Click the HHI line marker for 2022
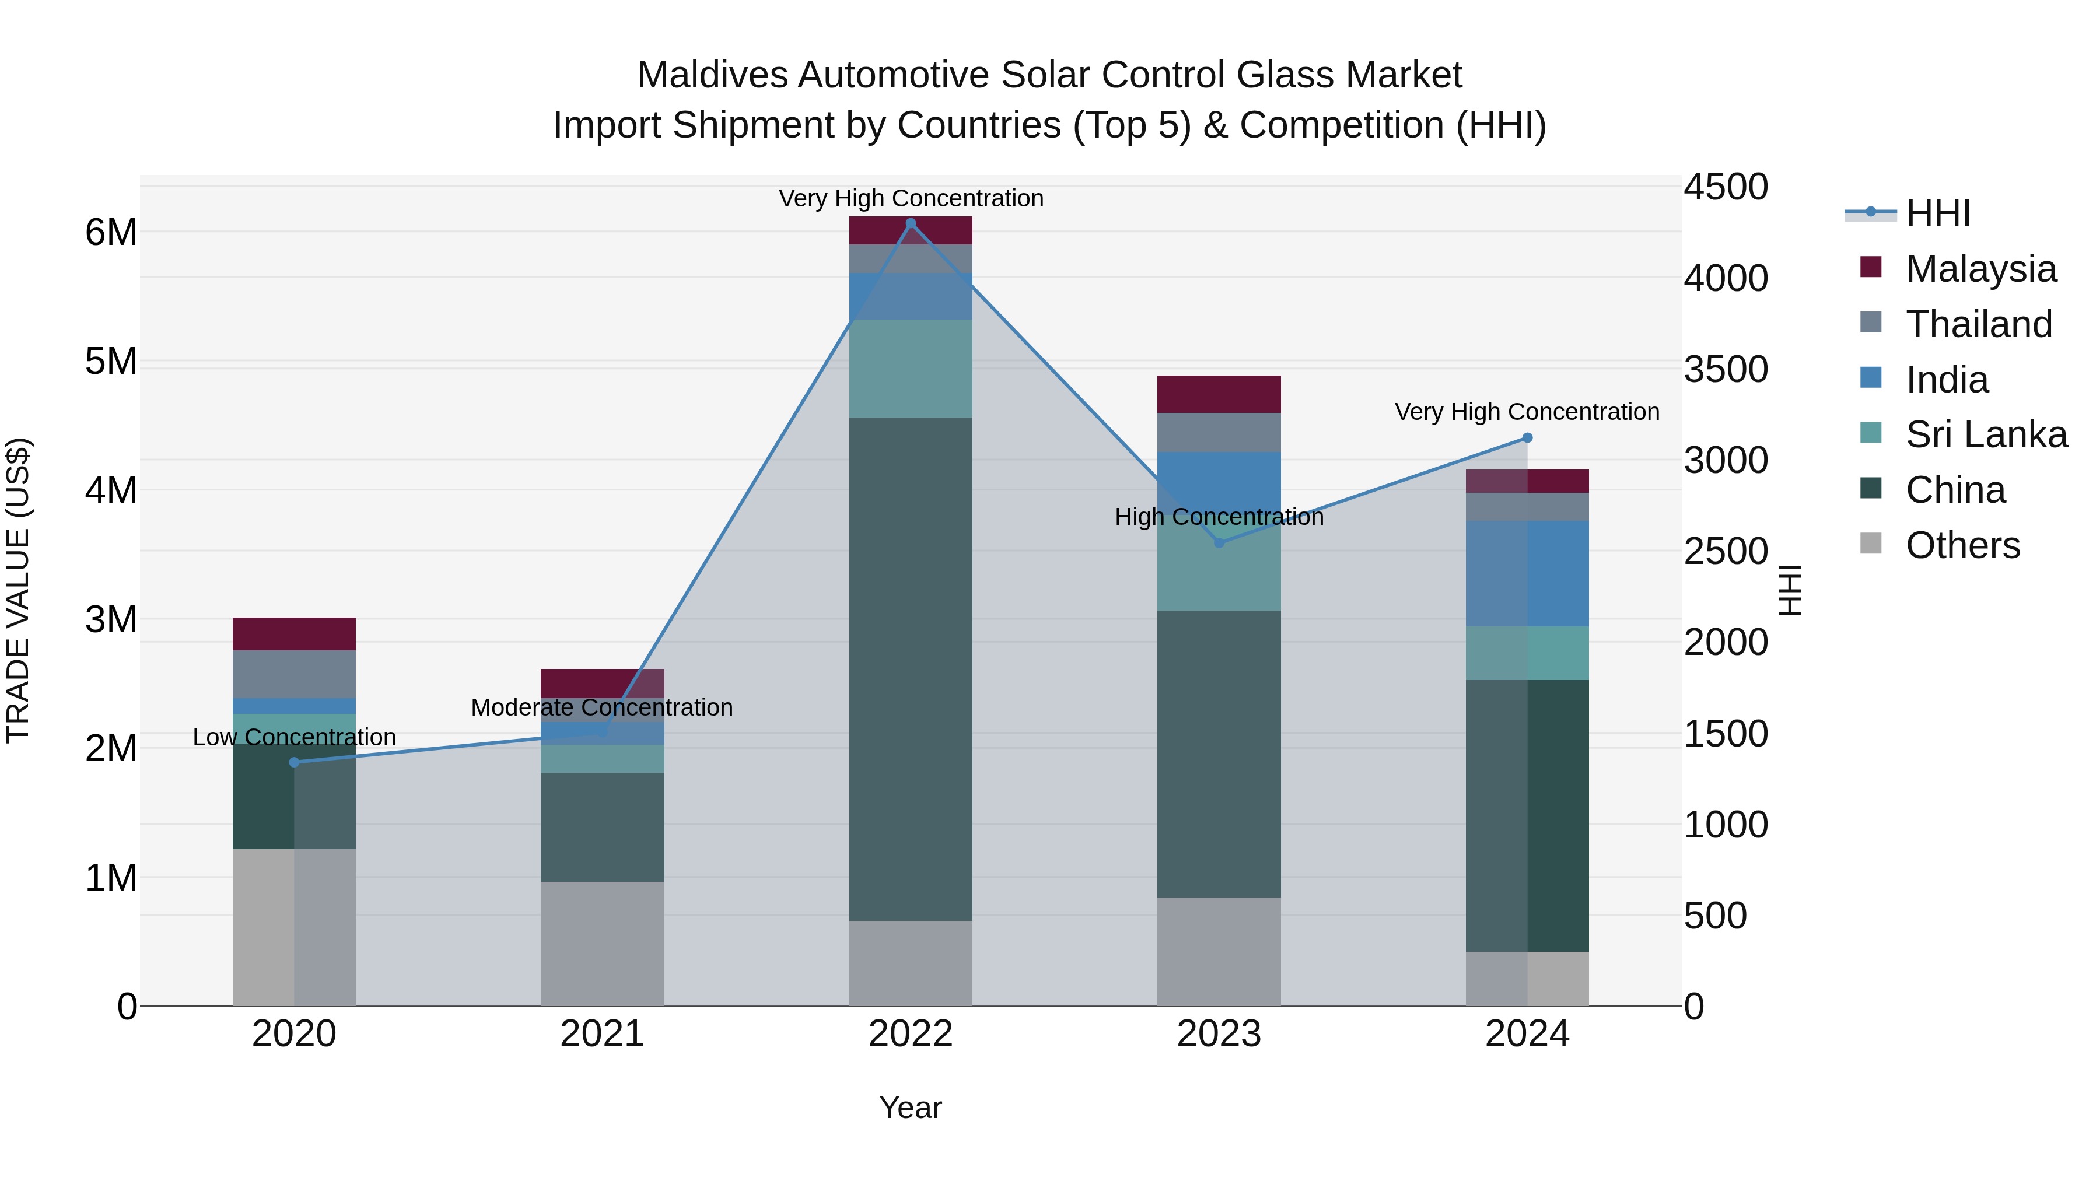911,223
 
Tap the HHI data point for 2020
295,762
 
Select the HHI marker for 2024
1527,437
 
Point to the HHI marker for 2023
1219,543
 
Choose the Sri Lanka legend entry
1986,434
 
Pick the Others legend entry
1962,545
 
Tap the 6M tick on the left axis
111,232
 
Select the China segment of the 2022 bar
911,668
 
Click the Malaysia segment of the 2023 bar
1219,394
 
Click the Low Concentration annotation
295,737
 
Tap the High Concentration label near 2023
1219,517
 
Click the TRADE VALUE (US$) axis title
18,590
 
